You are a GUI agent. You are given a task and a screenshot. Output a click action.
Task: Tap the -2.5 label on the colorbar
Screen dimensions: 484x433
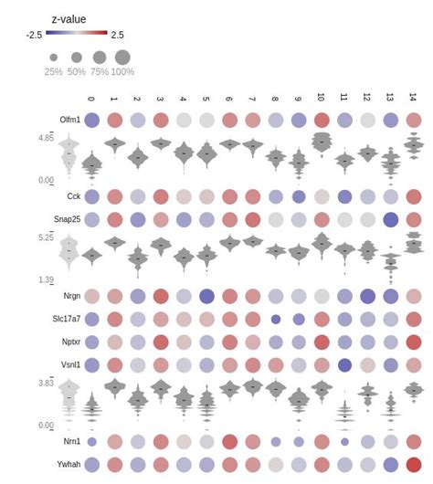click(x=34, y=36)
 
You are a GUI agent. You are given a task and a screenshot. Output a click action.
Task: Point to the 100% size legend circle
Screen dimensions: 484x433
click(x=122, y=57)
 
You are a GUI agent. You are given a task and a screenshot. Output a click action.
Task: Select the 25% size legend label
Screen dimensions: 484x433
click(x=54, y=71)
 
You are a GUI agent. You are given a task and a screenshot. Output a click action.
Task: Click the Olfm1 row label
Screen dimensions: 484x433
click(x=69, y=120)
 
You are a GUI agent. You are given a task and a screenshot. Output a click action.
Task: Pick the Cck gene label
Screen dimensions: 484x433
click(x=73, y=196)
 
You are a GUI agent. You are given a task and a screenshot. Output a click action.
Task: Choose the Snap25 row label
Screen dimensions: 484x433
click(x=66, y=218)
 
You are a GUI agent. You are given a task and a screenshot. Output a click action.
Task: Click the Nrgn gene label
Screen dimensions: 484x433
click(x=71, y=296)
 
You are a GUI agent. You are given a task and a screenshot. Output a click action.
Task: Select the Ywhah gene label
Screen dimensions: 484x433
click(x=68, y=464)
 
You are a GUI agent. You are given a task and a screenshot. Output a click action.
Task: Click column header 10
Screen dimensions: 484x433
click(x=321, y=98)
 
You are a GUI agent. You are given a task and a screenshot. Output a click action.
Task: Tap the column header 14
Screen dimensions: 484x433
click(x=413, y=98)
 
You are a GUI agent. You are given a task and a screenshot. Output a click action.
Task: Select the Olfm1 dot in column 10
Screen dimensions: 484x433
click(x=321, y=120)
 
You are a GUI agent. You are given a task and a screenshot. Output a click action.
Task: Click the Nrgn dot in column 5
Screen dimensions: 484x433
click(x=206, y=296)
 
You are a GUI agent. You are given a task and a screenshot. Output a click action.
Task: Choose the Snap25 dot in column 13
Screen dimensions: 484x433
click(x=390, y=218)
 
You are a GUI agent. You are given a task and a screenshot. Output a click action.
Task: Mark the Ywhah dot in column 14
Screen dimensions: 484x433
click(x=413, y=464)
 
